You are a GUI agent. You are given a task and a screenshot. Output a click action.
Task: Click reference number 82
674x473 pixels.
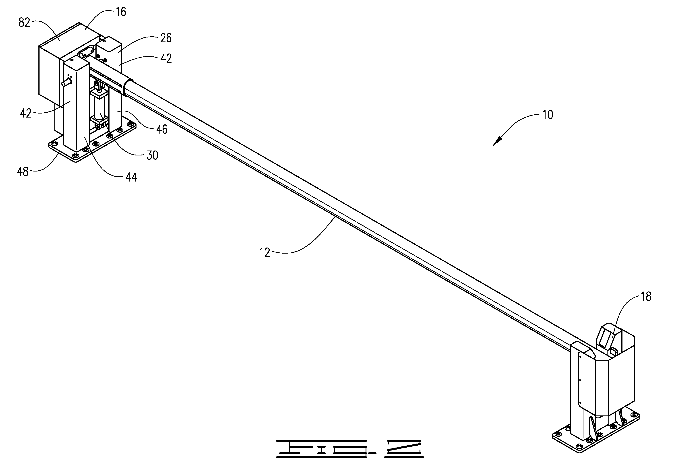(24, 23)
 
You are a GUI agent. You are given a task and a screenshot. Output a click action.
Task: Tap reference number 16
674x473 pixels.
(121, 12)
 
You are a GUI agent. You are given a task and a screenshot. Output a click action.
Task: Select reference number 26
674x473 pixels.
(166, 38)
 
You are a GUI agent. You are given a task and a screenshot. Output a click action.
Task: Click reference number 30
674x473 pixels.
(152, 155)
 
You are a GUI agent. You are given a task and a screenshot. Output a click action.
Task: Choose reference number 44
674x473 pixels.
(131, 177)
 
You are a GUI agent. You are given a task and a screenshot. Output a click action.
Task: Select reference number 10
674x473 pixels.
(548, 115)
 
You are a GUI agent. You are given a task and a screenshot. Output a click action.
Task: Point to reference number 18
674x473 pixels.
(646, 297)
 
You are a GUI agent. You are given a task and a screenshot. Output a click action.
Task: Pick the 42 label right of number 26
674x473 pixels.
(166, 59)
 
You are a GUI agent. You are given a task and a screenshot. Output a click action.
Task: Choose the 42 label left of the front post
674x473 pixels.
(26, 113)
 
